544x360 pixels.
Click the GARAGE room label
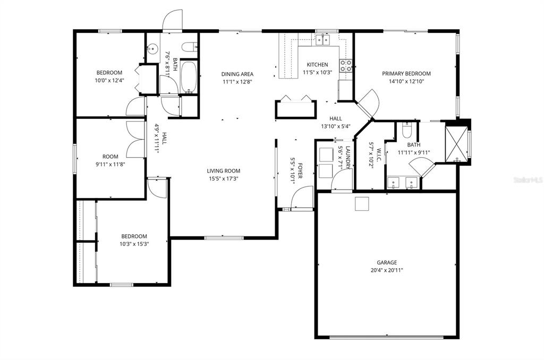tap(387, 262)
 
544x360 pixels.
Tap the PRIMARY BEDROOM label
tap(406, 73)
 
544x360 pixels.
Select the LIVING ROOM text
tap(224, 170)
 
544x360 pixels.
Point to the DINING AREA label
tap(237, 74)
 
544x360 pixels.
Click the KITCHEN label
tap(318, 64)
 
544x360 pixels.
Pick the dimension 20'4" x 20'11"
tap(387, 270)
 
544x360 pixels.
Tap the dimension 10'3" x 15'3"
tap(134, 244)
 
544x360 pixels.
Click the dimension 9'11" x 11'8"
tap(110, 164)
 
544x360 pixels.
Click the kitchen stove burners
tap(345, 65)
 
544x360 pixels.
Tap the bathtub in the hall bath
tap(189, 78)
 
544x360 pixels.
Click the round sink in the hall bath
tap(152, 49)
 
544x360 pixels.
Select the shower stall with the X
tap(456, 144)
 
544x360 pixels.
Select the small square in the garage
tap(362, 203)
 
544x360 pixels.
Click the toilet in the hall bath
tap(190, 47)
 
